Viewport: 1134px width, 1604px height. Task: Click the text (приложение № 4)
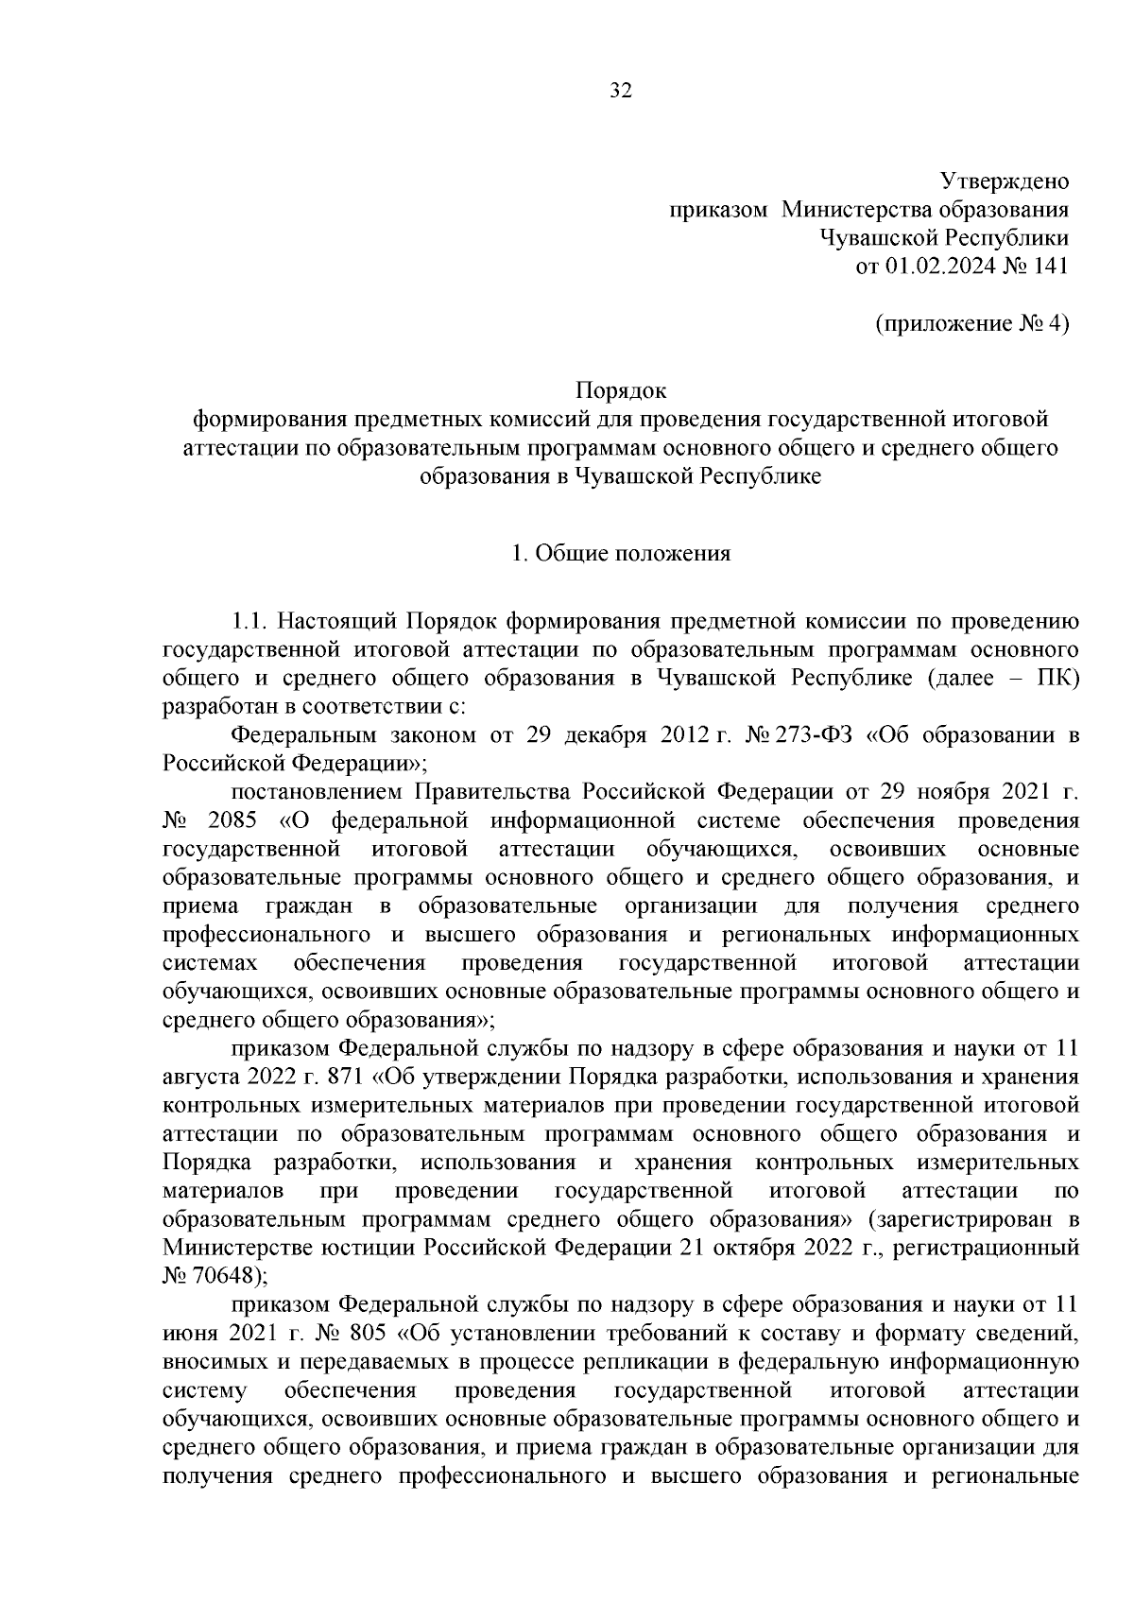pyautogui.click(x=972, y=324)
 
